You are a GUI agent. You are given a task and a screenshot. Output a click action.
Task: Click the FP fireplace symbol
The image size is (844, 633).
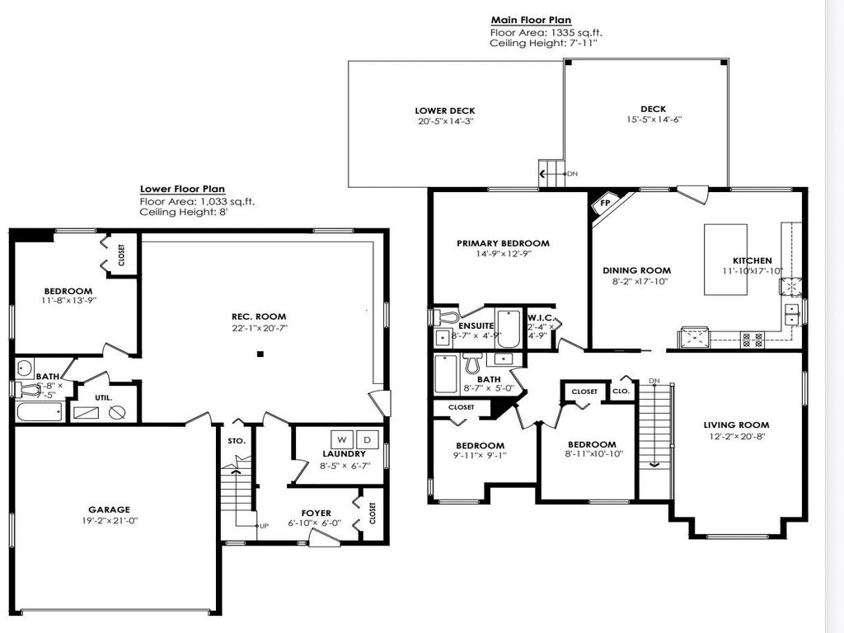tap(604, 203)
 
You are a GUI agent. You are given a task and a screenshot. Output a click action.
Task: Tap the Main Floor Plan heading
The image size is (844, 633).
tap(531, 21)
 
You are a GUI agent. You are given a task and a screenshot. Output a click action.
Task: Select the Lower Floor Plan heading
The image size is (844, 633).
tap(182, 189)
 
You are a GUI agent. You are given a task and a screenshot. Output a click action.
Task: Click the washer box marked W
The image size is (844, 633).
tap(340, 439)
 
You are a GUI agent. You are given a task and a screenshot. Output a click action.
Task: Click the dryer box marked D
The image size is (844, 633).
tap(368, 439)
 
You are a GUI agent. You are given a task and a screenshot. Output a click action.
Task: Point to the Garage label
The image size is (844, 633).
tap(110, 509)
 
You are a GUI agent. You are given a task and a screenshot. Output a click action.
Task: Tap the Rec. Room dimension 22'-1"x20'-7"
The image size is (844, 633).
tap(259, 328)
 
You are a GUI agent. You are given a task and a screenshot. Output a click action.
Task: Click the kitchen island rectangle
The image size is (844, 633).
tap(725, 259)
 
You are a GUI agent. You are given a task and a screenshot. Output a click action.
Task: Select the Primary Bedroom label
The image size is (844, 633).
tap(503, 243)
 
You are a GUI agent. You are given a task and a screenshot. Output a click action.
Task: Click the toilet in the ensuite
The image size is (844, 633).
tap(446, 317)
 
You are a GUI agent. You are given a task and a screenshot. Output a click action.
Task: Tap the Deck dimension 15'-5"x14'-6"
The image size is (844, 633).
tap(653, 120)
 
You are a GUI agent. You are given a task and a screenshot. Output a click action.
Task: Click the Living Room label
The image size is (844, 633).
tap(736, 425)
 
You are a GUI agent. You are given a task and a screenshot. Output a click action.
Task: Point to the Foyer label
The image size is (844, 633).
tap(315, 512)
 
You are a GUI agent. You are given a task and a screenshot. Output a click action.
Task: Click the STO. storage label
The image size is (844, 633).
tap(237, 441)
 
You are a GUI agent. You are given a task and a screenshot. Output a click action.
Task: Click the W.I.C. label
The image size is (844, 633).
tap(541, 317)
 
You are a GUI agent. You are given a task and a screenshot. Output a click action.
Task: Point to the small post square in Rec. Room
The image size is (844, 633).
tap(260, 354)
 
